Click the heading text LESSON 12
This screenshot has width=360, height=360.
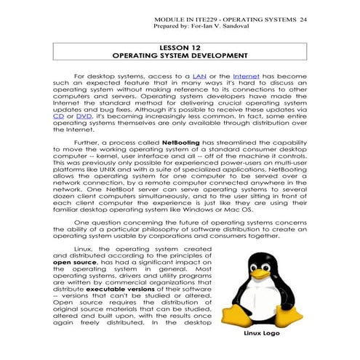[x=179, y=47]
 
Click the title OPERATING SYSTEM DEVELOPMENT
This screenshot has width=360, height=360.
[x=179, y=55]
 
